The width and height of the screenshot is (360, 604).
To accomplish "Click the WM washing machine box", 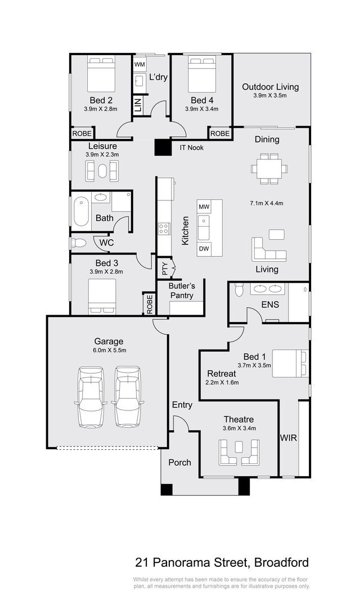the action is click(139, 64).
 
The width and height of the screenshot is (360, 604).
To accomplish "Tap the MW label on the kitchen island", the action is click(204, 207).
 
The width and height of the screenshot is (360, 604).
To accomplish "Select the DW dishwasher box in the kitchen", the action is click(204, 249).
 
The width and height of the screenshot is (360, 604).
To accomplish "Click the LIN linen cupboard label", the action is click(138, 104).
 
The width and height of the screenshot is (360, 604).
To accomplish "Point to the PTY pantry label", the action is click(165, 268).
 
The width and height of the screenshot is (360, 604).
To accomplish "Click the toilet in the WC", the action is click(79, 243).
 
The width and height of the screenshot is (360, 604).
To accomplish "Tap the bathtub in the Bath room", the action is click(81, 212).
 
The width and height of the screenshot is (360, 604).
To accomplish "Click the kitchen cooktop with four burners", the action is click(164, 229).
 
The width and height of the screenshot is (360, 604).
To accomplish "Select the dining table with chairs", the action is click(269, 168).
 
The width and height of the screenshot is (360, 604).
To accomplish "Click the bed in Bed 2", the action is click(101, 74).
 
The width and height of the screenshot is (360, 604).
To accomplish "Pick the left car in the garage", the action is click(91, 397).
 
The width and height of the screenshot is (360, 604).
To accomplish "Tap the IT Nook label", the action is click(192, 147).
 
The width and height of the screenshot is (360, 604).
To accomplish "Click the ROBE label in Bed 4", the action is click(220, 133).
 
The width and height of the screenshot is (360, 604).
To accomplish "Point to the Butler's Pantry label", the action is click(182, 290).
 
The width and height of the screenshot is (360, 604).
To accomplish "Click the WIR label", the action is click(289, 438).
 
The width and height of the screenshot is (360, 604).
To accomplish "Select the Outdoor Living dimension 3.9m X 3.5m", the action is click(270, 96).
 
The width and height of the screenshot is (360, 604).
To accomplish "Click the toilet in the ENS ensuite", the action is click(239, 289).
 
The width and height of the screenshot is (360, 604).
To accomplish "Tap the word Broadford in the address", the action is click(282, 563).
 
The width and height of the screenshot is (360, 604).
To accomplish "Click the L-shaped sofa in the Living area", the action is click(268, 250).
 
